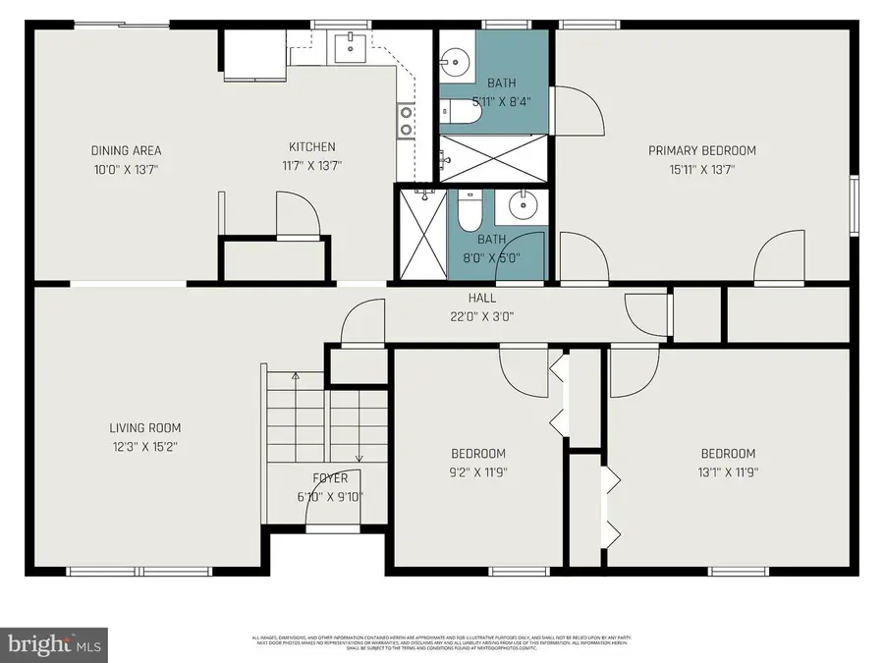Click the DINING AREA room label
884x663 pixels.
tap(126, 150)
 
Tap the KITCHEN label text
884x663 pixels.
tap(311, 147)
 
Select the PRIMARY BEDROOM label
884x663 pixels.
tap(701, 150)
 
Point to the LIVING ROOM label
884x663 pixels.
tap(144, 428)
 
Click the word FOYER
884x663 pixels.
tap(329, 479)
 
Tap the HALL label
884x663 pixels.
tap(481, 299)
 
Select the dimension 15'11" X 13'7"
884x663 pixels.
tap(701, 169)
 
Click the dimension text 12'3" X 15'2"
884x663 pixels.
tap(144, 446)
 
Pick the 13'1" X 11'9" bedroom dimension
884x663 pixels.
tap(727, 471)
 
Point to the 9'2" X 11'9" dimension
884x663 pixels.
tap(478, 471)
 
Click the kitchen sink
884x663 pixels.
tap(349, 46)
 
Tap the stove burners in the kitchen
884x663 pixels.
tap(405, 120)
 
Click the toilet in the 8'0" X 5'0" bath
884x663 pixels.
tap(469, 209)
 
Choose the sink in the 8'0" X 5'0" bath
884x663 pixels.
tap(522, 207)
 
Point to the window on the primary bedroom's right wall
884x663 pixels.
tap(853, 206)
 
